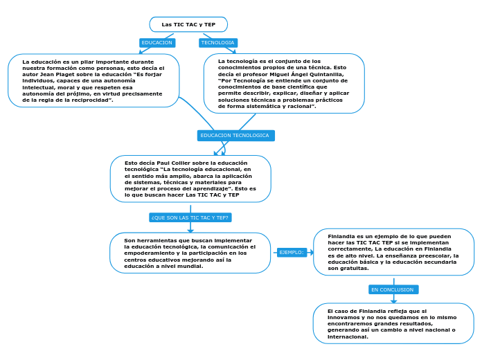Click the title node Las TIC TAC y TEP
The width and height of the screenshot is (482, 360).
point(188,24)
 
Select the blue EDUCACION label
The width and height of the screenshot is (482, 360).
point(157,43)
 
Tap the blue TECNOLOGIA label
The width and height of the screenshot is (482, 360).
point(217,43)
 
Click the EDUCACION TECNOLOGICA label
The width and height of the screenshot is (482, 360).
point(235,136)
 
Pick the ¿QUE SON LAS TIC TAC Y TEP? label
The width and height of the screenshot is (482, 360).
point(190,217)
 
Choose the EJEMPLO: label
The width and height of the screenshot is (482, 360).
point(291,253)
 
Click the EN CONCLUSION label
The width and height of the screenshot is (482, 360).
point(393,289)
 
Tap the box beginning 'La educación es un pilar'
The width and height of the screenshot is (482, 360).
point(93,81)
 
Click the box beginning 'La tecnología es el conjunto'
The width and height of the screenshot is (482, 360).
point(284,84)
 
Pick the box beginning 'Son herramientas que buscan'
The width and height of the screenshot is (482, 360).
point(190,253)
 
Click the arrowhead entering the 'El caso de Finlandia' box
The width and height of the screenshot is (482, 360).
point(393,301)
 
